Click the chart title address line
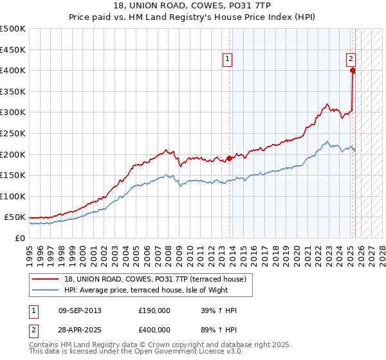(193, 6)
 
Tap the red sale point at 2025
(353, 71)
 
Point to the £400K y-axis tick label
(13, 70)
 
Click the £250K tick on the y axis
(13, 133)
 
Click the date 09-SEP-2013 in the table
(80, 310)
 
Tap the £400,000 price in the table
(154, 330)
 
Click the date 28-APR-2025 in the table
(80, 330)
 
